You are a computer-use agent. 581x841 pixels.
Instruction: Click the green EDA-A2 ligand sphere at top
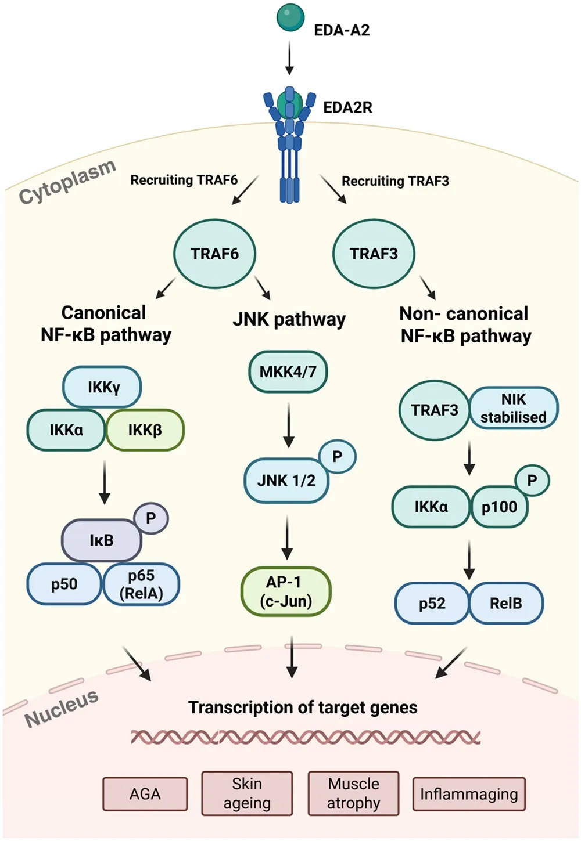290,17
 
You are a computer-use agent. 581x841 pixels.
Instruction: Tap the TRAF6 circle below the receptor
215,254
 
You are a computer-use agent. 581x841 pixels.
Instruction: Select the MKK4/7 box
288,371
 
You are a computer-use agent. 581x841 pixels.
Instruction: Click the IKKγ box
102,387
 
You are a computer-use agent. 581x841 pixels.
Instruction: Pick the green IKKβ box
145,430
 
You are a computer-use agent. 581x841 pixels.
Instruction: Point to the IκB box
101,540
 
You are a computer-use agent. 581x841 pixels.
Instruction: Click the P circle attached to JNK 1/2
337,457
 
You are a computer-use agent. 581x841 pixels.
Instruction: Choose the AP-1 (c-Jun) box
285,591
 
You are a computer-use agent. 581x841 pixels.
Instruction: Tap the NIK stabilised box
514,408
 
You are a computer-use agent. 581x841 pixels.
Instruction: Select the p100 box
498,507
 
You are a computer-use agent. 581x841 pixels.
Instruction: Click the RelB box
505,604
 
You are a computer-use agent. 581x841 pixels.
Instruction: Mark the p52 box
432,604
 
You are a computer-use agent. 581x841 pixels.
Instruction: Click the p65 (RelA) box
141,584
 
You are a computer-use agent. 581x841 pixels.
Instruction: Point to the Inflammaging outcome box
468,794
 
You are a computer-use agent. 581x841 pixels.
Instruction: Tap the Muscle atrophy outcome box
353,793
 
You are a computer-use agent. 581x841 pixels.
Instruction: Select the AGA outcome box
145,794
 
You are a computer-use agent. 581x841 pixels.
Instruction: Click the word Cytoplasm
67,182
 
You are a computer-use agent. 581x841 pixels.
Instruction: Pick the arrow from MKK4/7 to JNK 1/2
288,425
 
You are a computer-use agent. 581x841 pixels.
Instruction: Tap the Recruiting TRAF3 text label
395,181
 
